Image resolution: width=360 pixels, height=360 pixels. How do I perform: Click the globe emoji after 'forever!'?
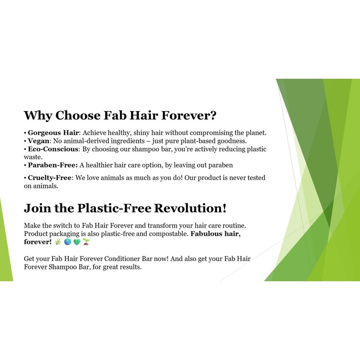(x=67, y=242)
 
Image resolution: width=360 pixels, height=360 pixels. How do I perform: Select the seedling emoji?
(x=86, y=242)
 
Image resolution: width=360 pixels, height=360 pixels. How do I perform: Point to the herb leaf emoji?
(x=58, y=242)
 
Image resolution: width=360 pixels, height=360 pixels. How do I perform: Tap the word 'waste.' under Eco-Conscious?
(x=33, y=157)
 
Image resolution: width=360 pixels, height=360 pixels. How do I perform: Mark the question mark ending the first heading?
(x=213, y=116)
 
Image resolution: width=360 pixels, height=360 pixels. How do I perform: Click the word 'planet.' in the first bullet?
(x=255, y=133)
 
